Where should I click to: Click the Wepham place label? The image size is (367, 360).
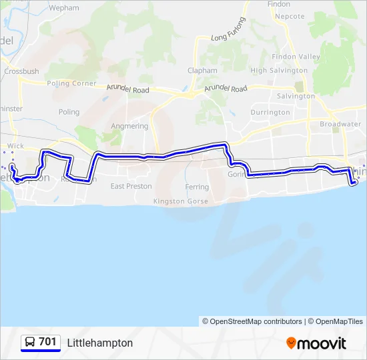(64, 9)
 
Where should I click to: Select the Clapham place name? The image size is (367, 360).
(202, 71)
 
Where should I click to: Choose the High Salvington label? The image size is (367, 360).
(278, 71)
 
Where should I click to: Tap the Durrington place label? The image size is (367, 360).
(270, 113)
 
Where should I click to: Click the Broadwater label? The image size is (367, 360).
(340, 125)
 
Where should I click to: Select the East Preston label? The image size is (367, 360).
(131, 186)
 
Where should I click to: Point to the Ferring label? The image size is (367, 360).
(198, 187)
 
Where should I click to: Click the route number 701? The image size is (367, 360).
(47, 342)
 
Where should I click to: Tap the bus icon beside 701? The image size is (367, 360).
(30, 343)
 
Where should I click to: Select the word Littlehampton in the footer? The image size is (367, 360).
(100, 343)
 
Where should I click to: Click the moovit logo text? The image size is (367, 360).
(322, 343)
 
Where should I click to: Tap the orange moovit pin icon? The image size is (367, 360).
(291, 343)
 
